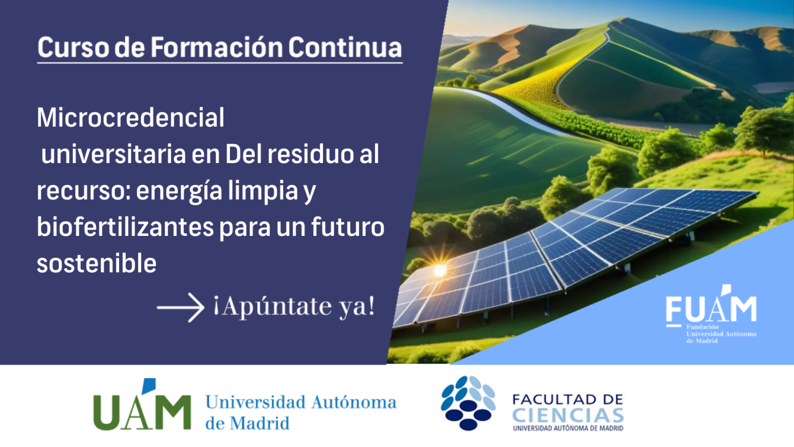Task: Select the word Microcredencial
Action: [x=130, y=118]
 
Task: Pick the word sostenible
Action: [x=97, y=263]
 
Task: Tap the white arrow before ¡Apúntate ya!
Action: [x=180, y=308]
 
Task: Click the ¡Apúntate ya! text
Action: [x=293, y=307]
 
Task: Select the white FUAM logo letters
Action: [x=711, y=308]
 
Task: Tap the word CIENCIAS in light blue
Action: [x=568, y=414]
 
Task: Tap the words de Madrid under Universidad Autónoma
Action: [x=247, y=423]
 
